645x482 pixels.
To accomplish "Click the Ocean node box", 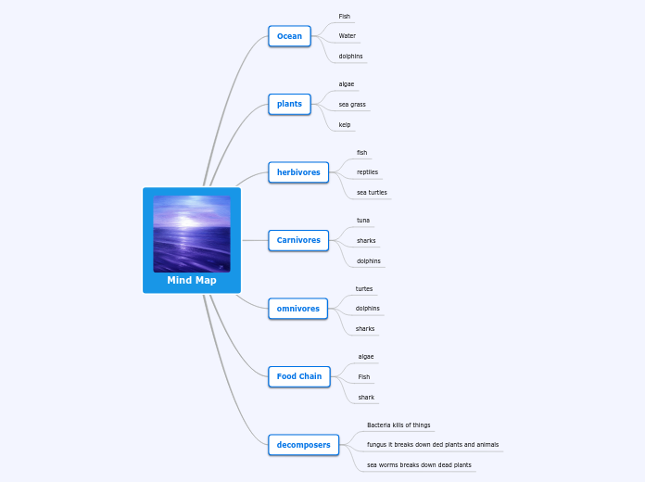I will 289,36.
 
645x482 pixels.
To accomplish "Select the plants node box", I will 289,104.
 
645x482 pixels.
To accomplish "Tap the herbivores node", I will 298,172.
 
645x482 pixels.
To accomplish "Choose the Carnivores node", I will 298,240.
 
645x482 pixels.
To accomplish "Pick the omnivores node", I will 297,309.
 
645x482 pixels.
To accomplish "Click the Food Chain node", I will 299,376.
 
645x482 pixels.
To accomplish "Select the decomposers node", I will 303,445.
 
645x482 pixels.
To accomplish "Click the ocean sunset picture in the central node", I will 192,234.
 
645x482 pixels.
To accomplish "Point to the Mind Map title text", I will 192,280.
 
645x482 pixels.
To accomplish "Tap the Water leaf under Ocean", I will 348,36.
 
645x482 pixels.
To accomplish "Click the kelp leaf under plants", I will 345,124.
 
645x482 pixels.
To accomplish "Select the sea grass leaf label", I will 352,104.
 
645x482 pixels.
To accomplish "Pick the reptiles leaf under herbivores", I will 367,172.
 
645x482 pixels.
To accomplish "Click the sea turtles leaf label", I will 372,193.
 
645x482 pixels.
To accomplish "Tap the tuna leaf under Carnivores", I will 363,221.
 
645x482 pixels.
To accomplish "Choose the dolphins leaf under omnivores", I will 368,309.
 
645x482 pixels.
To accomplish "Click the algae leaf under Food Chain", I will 366,356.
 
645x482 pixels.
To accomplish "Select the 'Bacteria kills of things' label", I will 398,425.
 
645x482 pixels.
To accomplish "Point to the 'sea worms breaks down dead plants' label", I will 419,464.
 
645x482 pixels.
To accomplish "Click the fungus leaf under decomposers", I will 433,445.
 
